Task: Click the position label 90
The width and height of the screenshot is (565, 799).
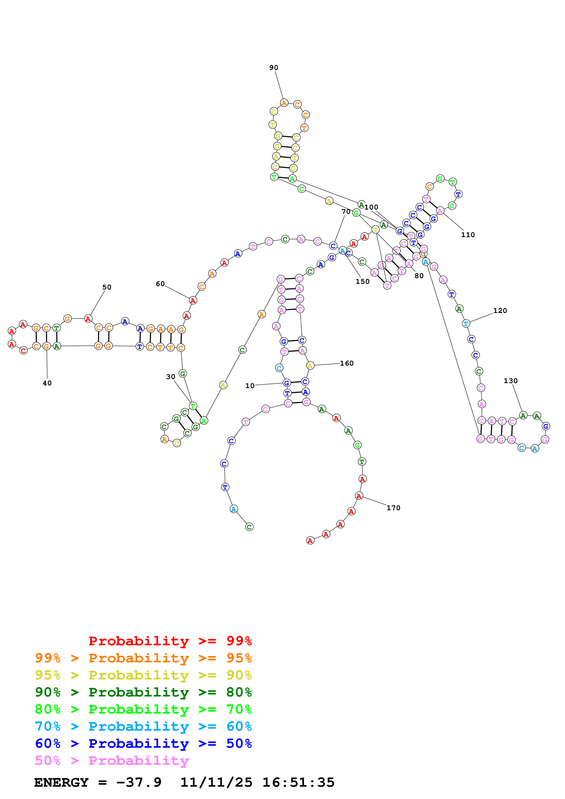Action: pyautogui.click(x=274, y=67)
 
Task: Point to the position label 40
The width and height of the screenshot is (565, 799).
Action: pyautogui.click(x=47, y=383)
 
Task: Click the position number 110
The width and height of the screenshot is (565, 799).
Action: pyautogui.click(x=468, y=235)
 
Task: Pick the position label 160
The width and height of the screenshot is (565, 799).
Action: pyautogui.click(x=346, y=363)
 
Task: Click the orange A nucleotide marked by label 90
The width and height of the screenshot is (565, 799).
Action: pyautogui.click(x=284, y=103)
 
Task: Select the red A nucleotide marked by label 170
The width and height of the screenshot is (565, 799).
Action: pyautogui.click(x=359, y=496)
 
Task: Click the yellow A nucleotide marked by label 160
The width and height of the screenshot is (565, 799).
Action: pyautogui.click(x=310, y=365)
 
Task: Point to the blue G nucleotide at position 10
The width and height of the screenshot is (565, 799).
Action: pyautogui.click(x=286, y=383)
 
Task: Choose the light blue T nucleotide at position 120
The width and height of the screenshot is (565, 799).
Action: pyautogui.click(x=466, y=324)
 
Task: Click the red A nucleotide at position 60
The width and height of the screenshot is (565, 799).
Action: pyautogui.click(x=193, y=300)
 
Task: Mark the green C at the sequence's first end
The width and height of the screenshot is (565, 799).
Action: pyautogui.click(x=249, y=527)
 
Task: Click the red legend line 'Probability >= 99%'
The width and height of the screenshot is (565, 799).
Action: pyautogui.click(x=170, y=641)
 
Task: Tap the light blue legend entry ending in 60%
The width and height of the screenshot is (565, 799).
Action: pyautogui.click(x=143, y=726)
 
